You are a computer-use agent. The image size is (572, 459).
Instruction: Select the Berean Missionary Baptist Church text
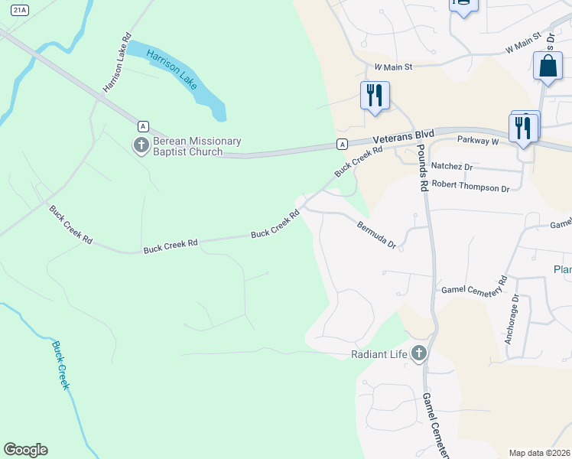tap(187, 146)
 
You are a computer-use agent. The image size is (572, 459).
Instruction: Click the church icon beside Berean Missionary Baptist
tap(141, 145)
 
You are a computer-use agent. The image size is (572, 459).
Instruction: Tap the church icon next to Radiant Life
tap(418, 353)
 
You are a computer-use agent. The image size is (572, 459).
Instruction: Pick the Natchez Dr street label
tap(452, 166)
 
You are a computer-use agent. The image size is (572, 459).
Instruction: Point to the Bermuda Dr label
tap(377, 234)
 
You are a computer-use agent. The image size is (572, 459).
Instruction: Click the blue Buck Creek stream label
tap(60, 365)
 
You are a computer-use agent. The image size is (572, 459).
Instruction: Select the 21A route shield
tap(21, 8)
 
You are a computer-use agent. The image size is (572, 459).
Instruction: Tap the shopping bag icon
tap(548, 66)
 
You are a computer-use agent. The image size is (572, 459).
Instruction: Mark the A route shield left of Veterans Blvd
tap(342, 144)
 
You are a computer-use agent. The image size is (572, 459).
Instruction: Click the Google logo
tap(25, 450)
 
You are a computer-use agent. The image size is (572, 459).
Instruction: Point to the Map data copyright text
tap(540, 453)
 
